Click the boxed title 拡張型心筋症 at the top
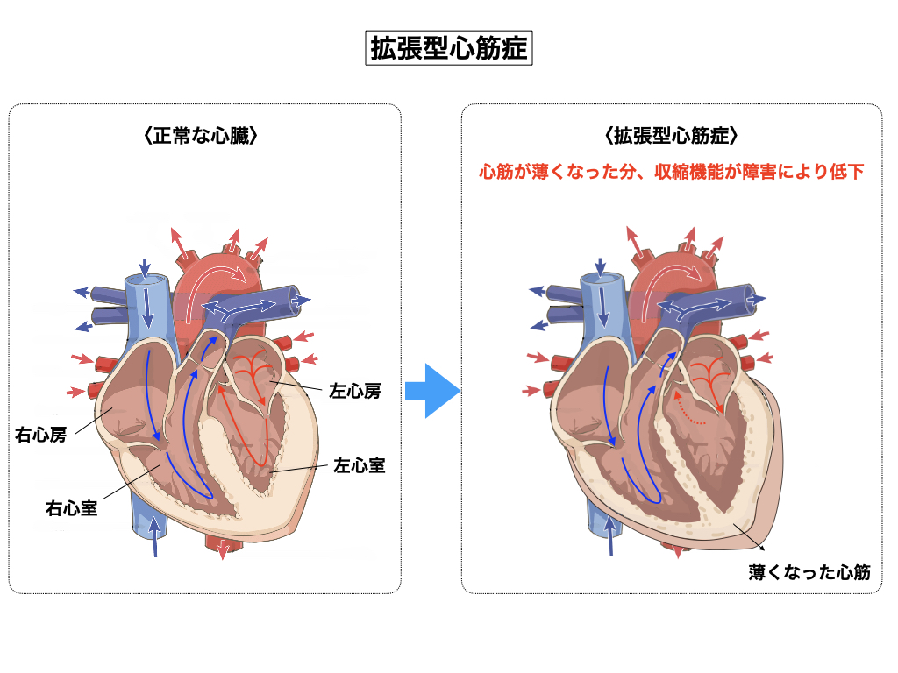(x=449, y=48)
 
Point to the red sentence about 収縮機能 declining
(x=671, y=172)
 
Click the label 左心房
(x=355, y=391)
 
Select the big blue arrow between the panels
(x=431, y=391)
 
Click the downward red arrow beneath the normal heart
(x=223, y=549)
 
